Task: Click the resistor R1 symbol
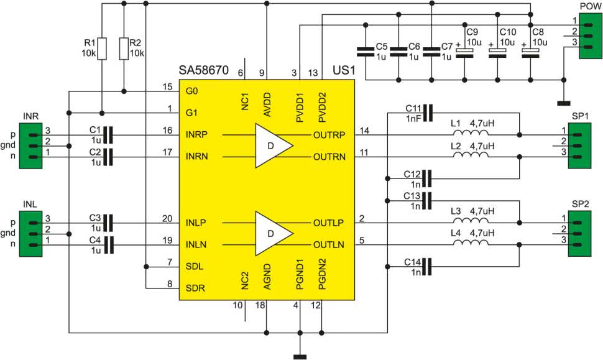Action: [101, 48]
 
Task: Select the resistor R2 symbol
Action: [124, 48]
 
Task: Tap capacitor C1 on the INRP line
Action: [109, 135]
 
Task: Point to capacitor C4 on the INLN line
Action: [109, 244]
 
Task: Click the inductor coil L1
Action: [471, 132]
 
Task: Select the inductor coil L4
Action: [471, 242]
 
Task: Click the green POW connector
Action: [591, 35]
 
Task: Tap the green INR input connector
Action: [30, 145]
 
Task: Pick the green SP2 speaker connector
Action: [580, 233]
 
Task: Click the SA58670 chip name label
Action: [203, 70]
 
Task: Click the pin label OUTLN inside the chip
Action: [329, 244]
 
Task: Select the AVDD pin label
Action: [267, 104]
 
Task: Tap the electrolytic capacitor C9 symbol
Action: [464, 53]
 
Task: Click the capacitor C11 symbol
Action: [428, 113]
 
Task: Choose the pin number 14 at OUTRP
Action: [364, 131]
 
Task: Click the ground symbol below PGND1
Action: [300, 356]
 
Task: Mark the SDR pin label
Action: [195, 288]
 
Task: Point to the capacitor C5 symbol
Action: [366, 52]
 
